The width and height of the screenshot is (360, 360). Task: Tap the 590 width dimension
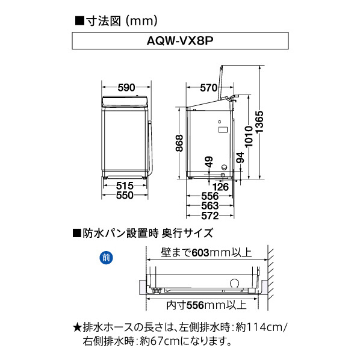pyautogui.click(x=126, y=88)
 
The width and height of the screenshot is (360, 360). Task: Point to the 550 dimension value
pyautogui.click(x=125, y=196)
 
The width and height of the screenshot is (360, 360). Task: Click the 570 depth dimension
pyautogui.click(x=208, y=88)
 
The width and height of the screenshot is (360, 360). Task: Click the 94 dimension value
pyautogui.click(x=240, y=158)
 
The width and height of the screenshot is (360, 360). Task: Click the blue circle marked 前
pyautogui.click(x=106, y=257)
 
